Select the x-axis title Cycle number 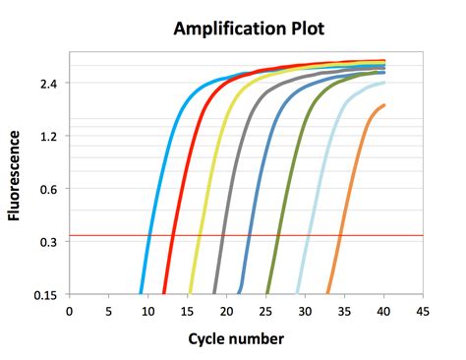[x=236, y=339]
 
